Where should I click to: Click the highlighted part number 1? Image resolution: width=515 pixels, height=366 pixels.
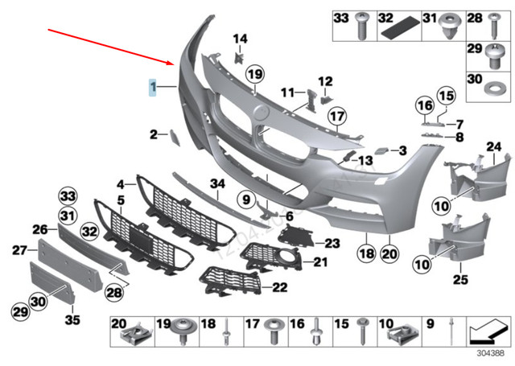(x=151, y=87)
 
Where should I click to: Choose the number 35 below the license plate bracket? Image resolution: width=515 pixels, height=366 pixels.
(x=73, y=320)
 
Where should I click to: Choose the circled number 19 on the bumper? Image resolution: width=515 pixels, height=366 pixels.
(x=255, y=76)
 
